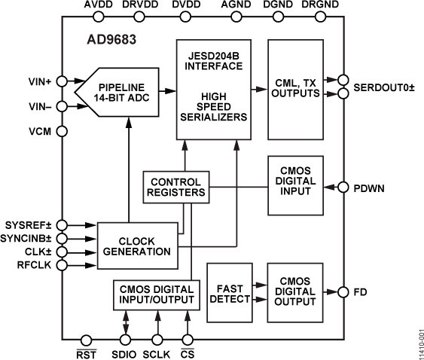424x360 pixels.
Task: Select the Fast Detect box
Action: pyautogui.click(x=229, y=292)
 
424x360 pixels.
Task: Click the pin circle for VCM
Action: pyautogui.click(x=61, y=131)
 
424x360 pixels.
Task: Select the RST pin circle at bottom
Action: pyautogui.click(x=86, y=340)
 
